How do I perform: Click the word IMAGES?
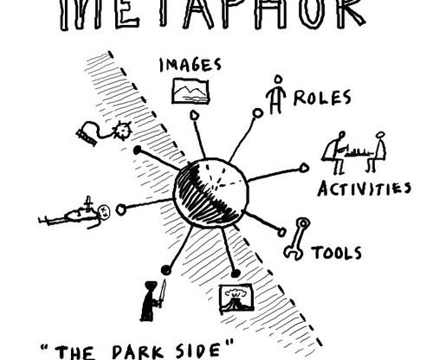pyautogui.click(x=191, y=65)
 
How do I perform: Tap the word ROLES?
pyautogui.click(x=322, y=98)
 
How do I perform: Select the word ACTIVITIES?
pyautogui.click(x=365, y=189)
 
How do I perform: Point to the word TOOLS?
pyautogui.click(x=336, y=253)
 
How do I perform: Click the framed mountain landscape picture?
pyautogui.click(x=191, y=91)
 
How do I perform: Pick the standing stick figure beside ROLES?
pyautogui.click(x=276, y=94)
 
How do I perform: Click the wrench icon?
pyautogui.click(x=296, y=239)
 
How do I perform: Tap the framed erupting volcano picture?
pyautogui.click(x=236, y=299)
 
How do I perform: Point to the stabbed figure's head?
pyautogui.click(x=103, y=211)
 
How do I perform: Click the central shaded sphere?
pyautogui.click(x=210, y=193)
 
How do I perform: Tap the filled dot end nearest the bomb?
pyautogui.click(x=138, y=150)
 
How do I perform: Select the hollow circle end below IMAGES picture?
pyautogui.click(x=195, y=115)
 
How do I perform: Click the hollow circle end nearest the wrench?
pyautogui.click(x=282, y=232)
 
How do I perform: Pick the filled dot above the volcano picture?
pyautogui.click(x=236, y=273)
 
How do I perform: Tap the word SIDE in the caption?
pyautogui.click(x=201, y=350)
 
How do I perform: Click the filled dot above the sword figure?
pyautogui.click(x=166, y=270)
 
